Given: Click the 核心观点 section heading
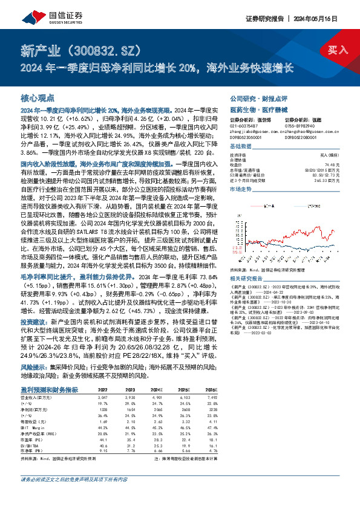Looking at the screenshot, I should pos(38,97).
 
